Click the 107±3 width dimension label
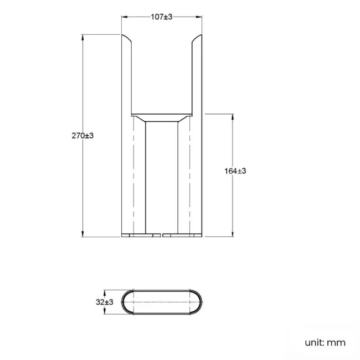162,17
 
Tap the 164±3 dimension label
235,171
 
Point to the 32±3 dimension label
105,302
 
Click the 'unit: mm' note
325,342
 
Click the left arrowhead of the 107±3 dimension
124,17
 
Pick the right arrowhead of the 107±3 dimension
199,17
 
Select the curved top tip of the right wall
198,39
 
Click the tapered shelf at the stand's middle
161,119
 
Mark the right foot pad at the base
183,235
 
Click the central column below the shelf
161,177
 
